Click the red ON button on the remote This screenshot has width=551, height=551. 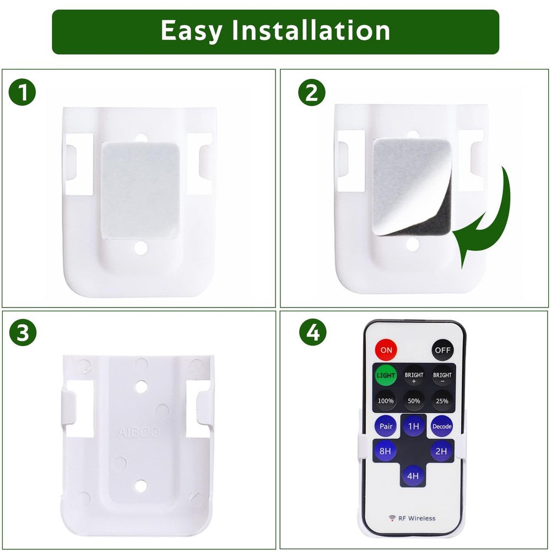point(386,349)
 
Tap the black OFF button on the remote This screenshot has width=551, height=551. point(442,349)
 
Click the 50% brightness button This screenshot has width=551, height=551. point(414,401)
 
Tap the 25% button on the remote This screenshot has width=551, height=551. point(442,401)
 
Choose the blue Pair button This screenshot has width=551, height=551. point(386,426)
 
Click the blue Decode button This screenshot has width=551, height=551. point(442,426)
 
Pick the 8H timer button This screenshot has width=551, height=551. point(386,451)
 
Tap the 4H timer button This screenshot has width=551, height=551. point(413,476)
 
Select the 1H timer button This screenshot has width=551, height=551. point(413,426)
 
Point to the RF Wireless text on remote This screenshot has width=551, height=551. point(412,518)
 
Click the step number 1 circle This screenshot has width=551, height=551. point(22,93)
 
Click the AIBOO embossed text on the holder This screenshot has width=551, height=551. point(138,433)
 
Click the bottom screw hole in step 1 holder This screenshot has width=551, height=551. point(141,247)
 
